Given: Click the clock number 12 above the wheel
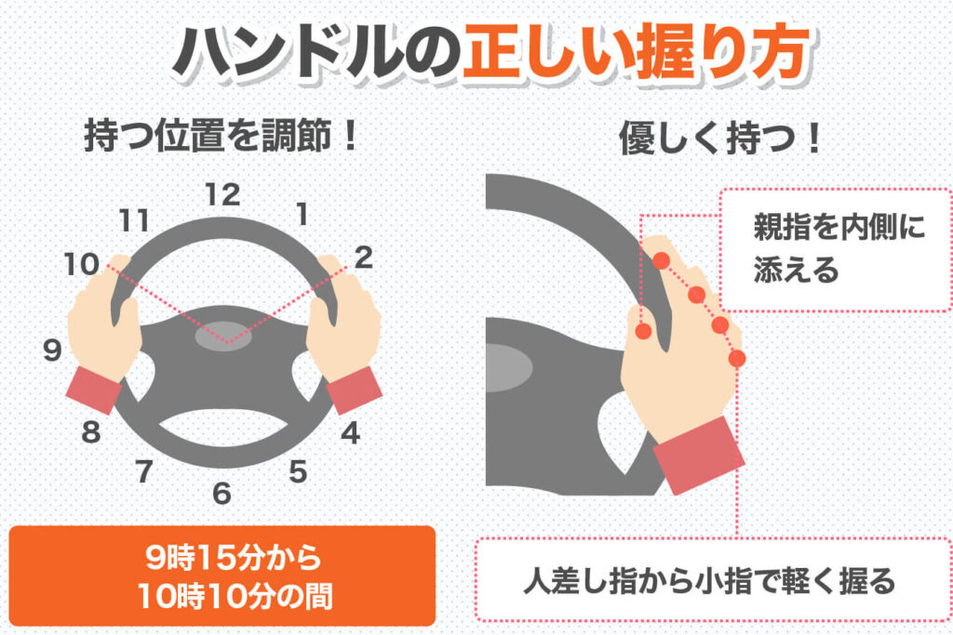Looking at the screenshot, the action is (x=223, y=195).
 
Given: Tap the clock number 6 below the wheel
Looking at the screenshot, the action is (x=221, y=494).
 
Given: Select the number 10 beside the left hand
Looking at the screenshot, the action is (x=82, y=264).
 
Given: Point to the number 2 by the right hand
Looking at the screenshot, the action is (x=364, y=258).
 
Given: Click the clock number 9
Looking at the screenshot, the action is (x=53, y=351).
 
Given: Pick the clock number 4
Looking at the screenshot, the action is (x=351, y=433).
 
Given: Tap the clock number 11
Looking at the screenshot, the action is (x=134, y=220).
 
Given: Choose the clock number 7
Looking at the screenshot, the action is (x=144, y=471).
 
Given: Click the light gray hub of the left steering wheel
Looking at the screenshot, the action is (x=223, y=337).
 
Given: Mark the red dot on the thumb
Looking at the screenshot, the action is (x=643, y=331).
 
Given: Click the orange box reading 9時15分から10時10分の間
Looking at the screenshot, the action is (x=222, y=575).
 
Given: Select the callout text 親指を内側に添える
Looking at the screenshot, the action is (x=839, y=247).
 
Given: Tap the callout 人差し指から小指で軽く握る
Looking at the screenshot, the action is (x=709, y=581).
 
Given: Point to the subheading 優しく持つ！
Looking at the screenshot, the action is (x=720, y=139).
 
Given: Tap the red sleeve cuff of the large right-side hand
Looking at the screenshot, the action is (x=699, y=455).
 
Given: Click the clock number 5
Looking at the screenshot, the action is (x=298, y=471).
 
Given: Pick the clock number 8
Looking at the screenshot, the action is (x=91, y=432).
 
